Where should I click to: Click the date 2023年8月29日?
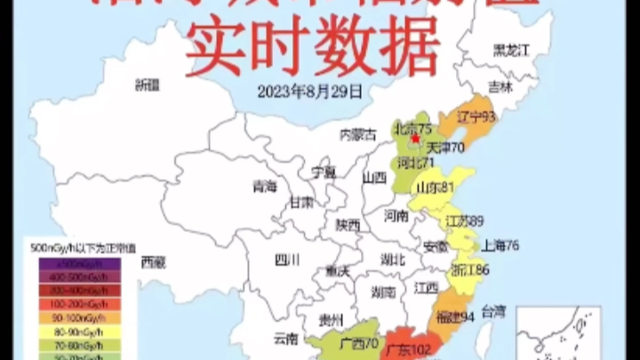[x=309, y=90]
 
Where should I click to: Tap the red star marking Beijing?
[x=414, y=138]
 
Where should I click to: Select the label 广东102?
[x=409, y=349]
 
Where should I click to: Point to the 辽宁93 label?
[x=476, y=116]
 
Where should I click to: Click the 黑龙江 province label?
[x=511, y=49]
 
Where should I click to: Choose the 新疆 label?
[x=147, y=85]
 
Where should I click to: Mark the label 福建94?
[x=454, y=316]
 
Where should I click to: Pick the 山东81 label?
[x=436, y=187]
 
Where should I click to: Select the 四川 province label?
[x=287, y=260]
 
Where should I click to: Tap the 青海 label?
[x=265, y=187]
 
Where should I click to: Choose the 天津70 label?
[x=446, y=148]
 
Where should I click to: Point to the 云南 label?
[x=286, y=338]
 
